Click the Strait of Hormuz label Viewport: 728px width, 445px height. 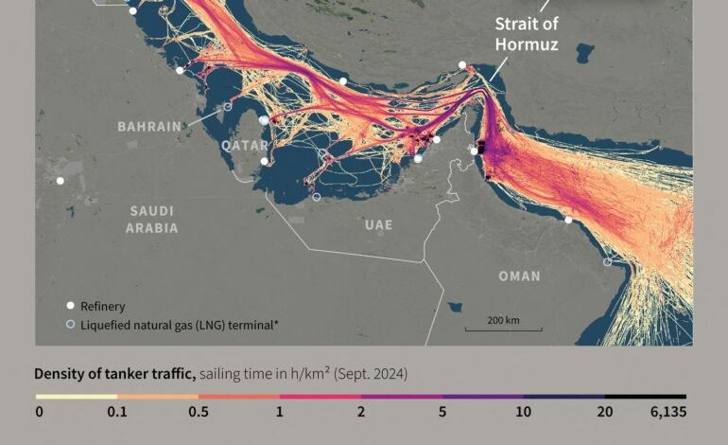click(x=527, y=35)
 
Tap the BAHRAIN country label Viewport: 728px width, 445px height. click(x=149, y=126)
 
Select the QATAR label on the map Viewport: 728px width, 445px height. click(x=245, y=145)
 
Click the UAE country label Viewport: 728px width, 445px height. click(x=378, y=224)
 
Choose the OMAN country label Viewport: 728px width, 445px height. click(x=519, y=276)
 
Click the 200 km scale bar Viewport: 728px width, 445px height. click(x=503, y=329)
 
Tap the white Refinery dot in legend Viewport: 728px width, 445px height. click(x=69, y=306)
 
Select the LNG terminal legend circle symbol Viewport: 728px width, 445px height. click(x=69, y=325)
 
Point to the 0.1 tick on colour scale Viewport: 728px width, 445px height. click(x=117, y=412)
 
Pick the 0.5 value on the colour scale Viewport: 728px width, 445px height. click(x=199, y=412)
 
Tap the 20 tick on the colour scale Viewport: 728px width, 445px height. click(x=605, y=412)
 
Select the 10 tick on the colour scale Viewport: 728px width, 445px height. click(x=524, y=412)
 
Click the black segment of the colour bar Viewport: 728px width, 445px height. click(x=646, y=397)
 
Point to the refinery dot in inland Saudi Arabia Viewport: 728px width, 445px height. click(x=61, y=180)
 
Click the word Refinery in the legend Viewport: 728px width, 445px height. click(x=102, y=306)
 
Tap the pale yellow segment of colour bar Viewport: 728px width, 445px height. click(x=77, y=397)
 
